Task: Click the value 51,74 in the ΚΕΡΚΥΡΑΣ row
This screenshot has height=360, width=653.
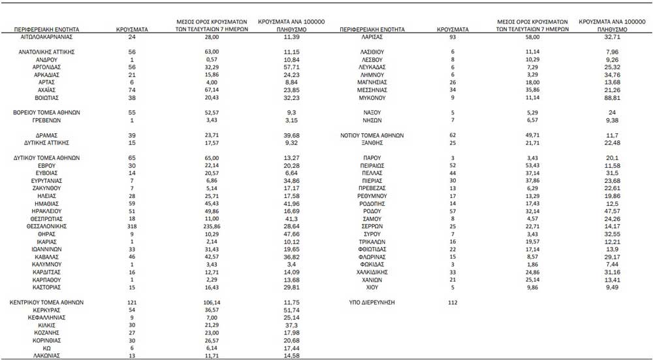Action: point(291,310)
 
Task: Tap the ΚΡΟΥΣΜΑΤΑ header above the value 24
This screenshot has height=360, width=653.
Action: point(131,30)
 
